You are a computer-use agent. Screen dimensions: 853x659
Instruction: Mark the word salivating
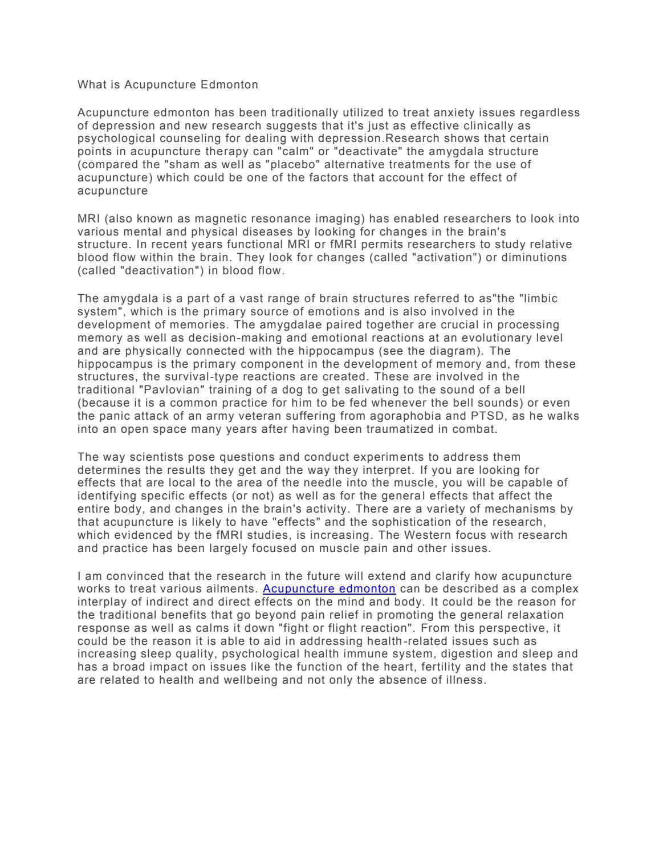click(340, 390)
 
